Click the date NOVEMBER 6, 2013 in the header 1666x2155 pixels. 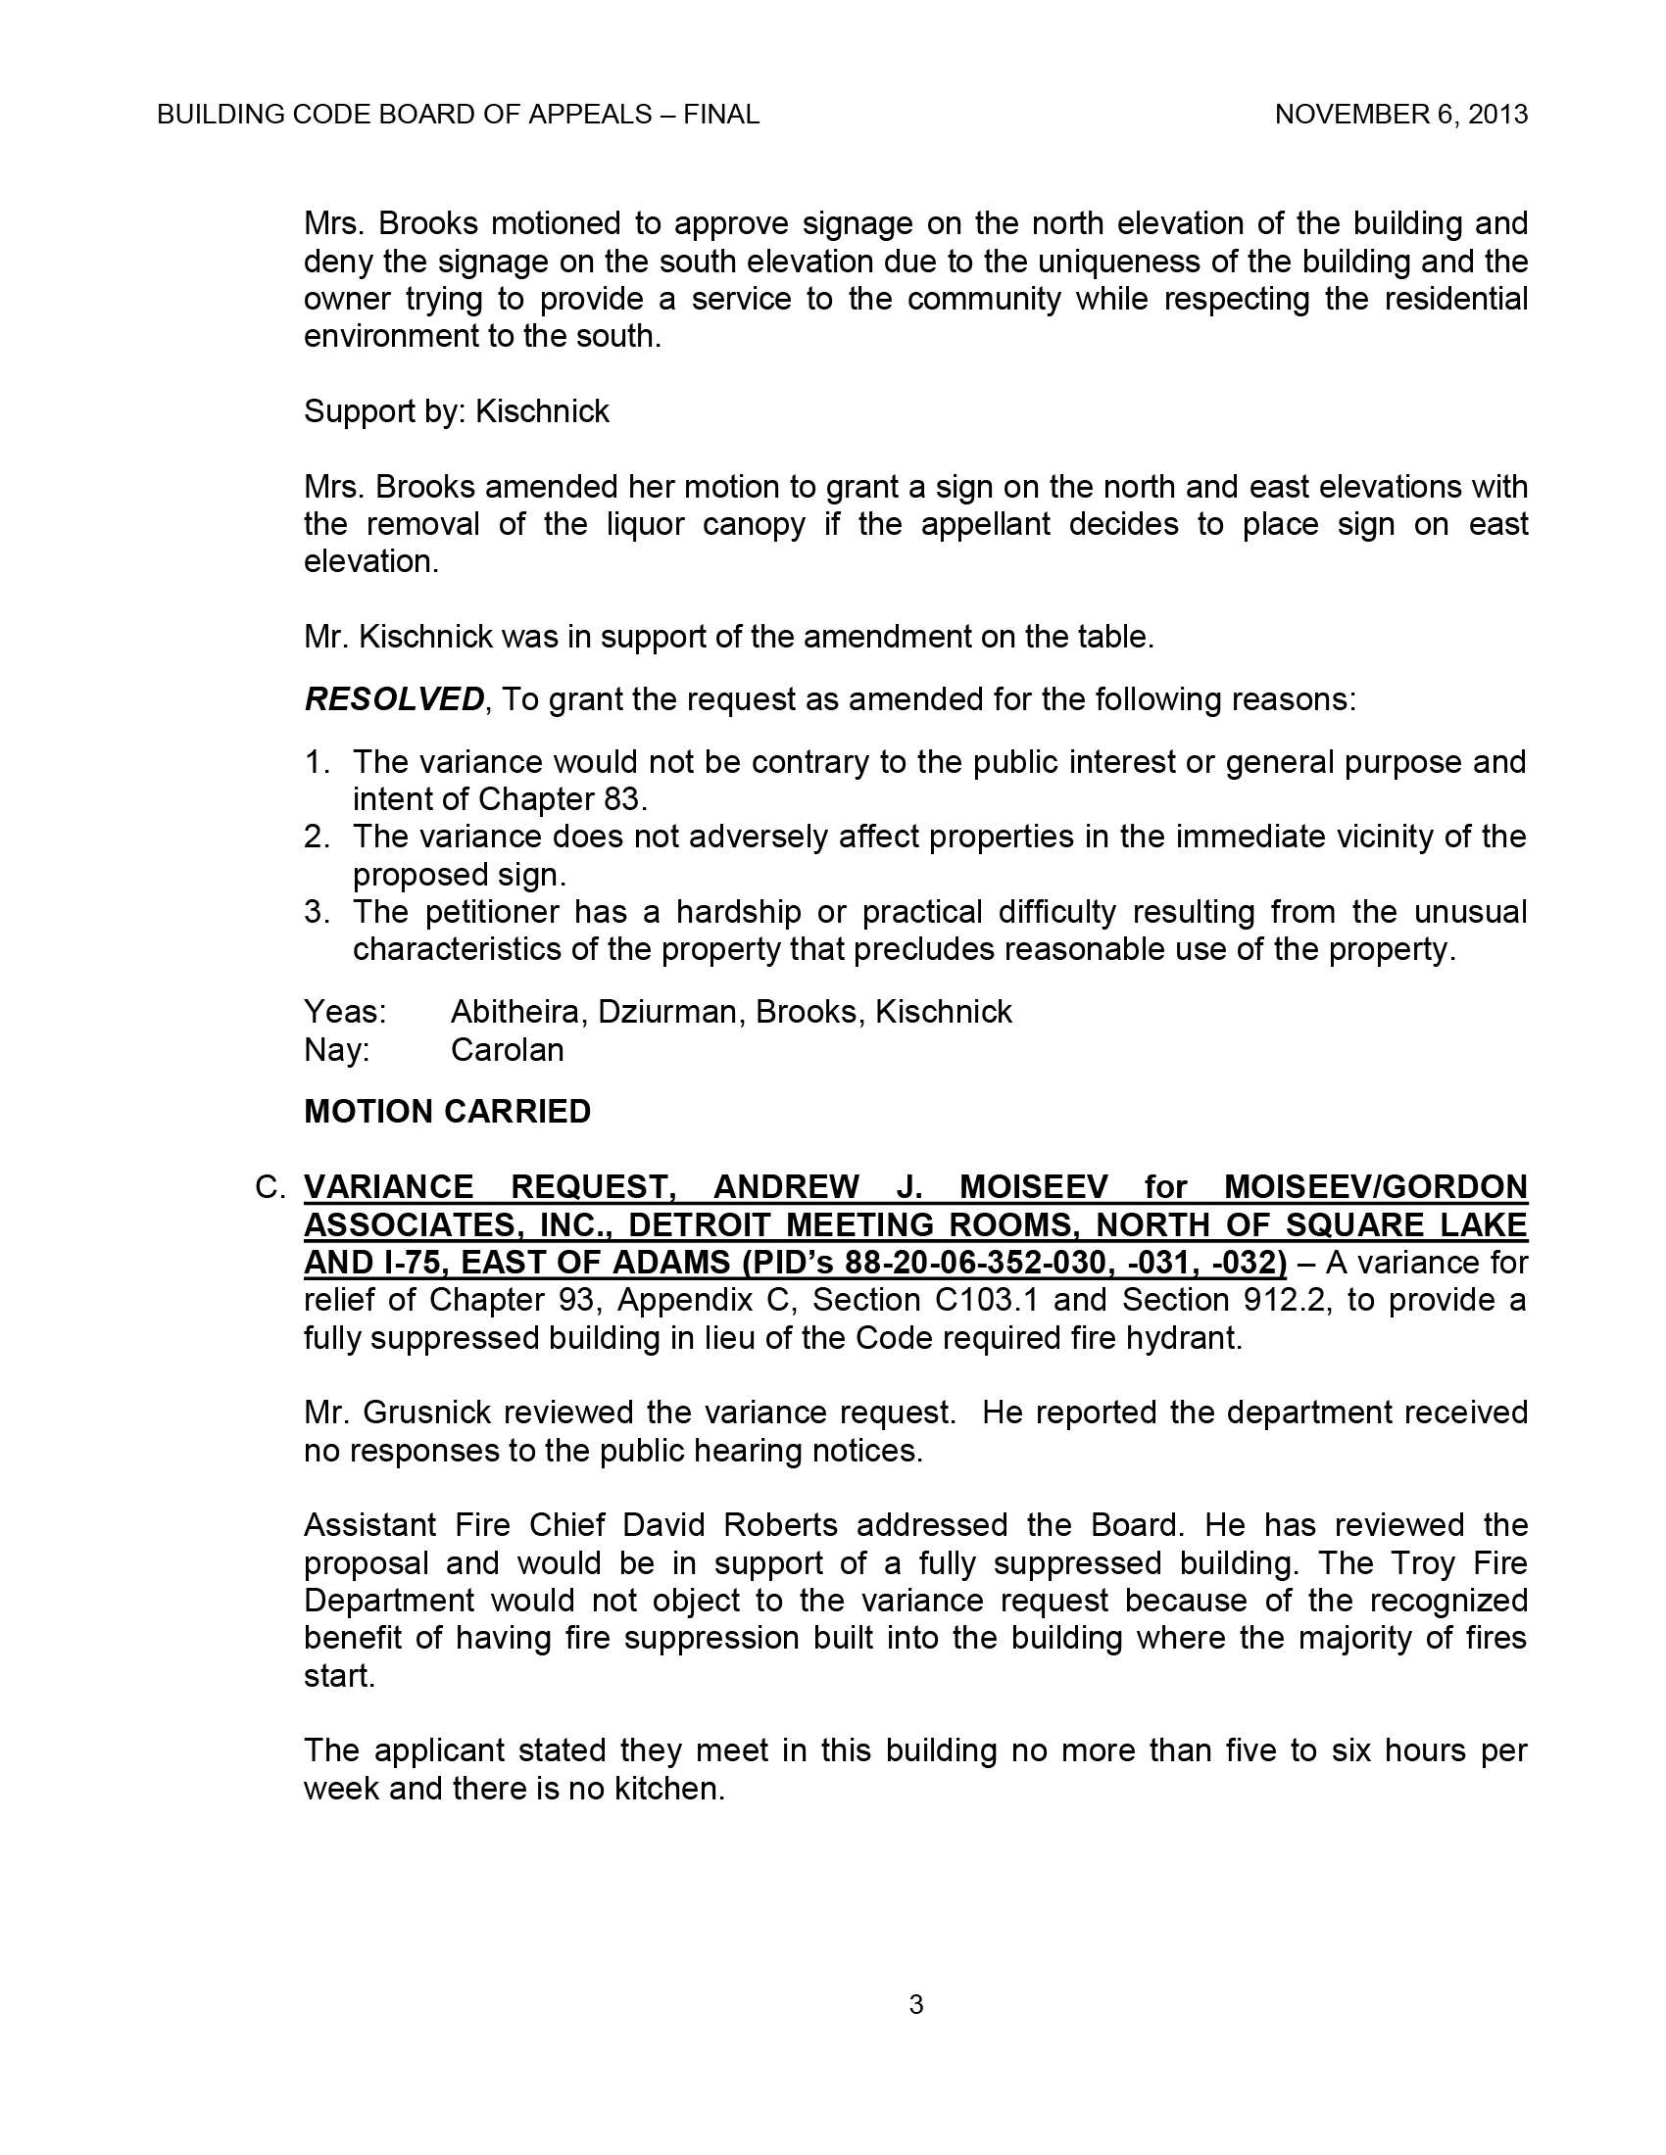point(1400,115)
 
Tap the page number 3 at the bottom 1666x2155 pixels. point(916,2004)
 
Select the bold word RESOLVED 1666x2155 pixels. point(394,699)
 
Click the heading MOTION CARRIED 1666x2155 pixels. point(447,1111)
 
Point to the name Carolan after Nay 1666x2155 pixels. point(508,1049)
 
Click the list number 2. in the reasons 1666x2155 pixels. point(317,837)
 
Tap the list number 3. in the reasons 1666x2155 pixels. point(317,912)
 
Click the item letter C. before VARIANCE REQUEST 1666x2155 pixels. point(270,1187)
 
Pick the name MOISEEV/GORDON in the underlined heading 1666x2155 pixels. point(1375,1187)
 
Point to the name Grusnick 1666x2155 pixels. point(427,1412)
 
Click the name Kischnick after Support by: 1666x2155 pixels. point(542,411)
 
